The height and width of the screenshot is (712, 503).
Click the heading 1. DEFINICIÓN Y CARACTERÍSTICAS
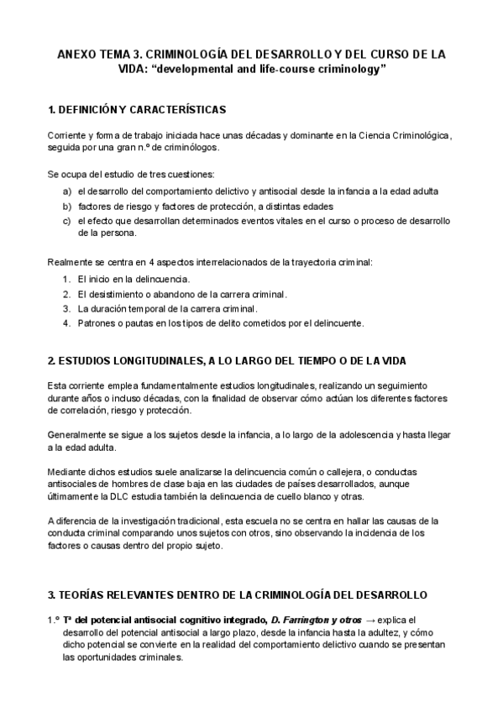(x=136, y=110)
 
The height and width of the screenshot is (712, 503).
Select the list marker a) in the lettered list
(x=66, y=191)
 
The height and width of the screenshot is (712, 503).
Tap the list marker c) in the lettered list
(x=66, y=221)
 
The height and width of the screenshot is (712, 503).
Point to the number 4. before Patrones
(x=66, y=323)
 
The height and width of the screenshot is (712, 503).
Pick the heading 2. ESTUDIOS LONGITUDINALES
(x=227, y=360)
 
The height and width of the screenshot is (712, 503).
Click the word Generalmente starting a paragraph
(x=76, y=436)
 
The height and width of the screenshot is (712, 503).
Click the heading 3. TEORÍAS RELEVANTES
(x=238, y=594)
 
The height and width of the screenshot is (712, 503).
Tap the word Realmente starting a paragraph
(x=71, y=262)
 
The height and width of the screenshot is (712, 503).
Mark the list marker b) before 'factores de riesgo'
(x=66, y=206)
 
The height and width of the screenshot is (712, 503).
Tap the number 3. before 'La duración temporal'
(x=66, y=308)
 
